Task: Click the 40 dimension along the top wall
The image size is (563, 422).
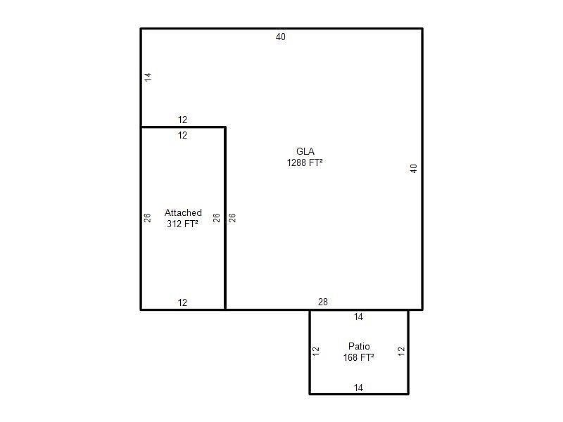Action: pos(280,37)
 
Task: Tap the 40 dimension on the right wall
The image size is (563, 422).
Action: pos(414,169)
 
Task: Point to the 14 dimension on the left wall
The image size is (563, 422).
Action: pos(148,77)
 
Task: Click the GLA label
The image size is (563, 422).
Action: pos(305,151)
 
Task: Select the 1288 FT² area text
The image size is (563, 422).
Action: pos(305,162)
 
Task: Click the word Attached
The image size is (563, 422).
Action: pos(183,212)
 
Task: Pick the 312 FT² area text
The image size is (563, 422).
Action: pos(182,224)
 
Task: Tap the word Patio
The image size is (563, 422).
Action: pos(359,346)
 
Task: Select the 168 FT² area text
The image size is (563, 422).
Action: pos(359,357)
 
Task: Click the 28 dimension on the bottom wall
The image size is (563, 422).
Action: pos(323,302)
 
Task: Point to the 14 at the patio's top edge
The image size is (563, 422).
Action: pos(358,316)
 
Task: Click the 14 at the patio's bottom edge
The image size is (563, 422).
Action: pos(358,388)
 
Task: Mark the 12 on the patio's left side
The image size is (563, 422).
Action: pos(315,351)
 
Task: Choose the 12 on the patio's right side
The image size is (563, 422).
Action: pos(401,351)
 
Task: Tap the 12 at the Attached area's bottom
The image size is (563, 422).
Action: pos(182,302)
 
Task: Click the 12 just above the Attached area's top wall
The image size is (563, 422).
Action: pos(182,120)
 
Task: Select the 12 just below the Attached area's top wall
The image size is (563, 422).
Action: pos(182,135)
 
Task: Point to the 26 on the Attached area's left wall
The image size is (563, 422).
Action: pos(147,218)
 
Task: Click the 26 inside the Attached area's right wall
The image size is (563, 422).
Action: pos(216,218)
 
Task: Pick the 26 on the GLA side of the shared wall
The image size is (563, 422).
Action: pos(232,218)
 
